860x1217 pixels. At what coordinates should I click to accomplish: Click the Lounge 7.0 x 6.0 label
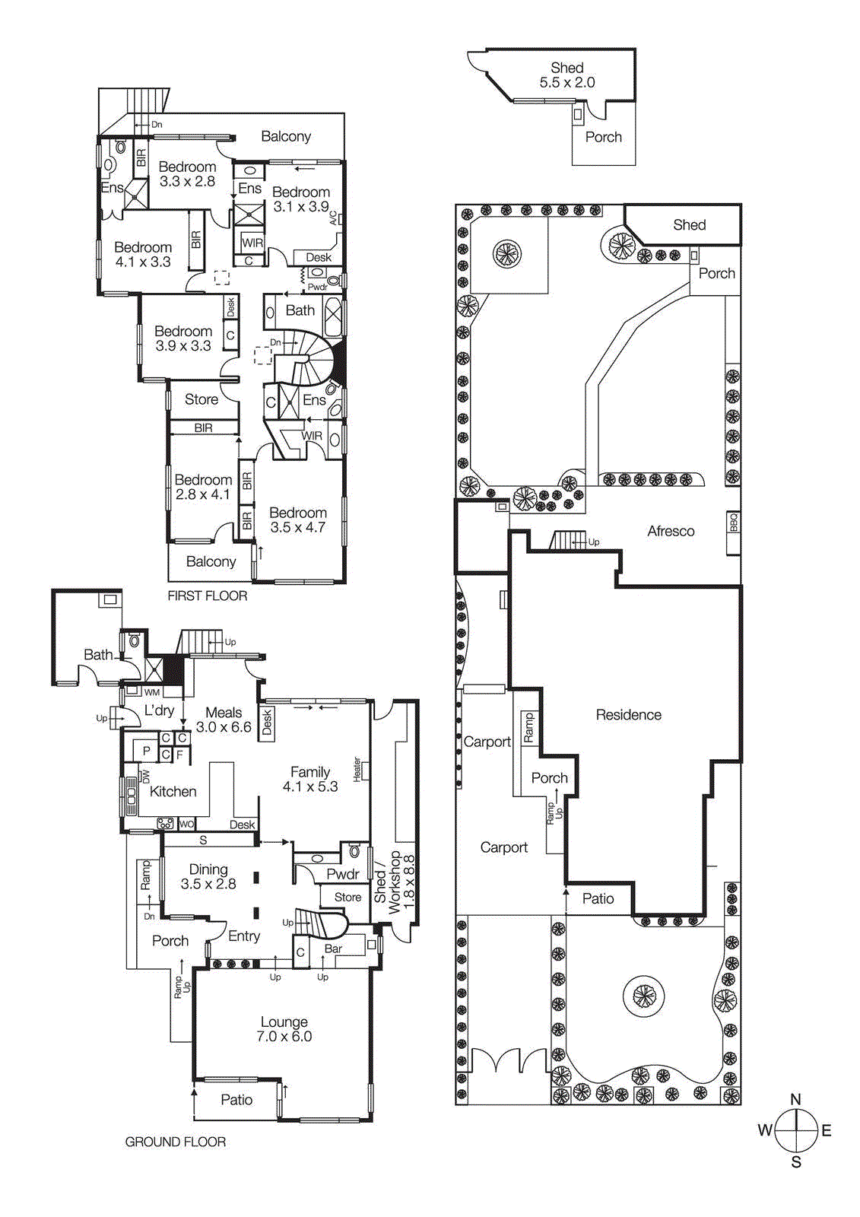coord(284,1029)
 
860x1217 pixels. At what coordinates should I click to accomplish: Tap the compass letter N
coord(795,1099)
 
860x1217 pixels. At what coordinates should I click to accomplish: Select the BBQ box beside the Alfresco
coord(733,523)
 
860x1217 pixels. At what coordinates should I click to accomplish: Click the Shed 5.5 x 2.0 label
coord(567,75)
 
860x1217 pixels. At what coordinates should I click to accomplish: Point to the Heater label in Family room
coord(357,769)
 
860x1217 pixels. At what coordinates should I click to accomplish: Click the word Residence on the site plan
coord(628,715)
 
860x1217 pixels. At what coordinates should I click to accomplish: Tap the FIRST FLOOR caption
coord(207,596)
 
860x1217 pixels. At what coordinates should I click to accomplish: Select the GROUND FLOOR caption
coord(175,1142)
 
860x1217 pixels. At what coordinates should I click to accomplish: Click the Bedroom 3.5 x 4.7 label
coord(297,520)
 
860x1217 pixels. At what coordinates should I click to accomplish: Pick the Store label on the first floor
coord(201,399)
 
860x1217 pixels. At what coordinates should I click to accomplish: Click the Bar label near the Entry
coord(333,948)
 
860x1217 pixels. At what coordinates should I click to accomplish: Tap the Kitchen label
coord(173,792)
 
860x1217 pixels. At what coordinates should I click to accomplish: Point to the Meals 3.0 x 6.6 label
coord(224,720)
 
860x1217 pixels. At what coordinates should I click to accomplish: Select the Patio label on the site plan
coord(598,899)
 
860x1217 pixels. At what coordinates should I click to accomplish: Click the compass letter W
coord(764,1130)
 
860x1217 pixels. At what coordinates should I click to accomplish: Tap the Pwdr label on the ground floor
coord(342,874)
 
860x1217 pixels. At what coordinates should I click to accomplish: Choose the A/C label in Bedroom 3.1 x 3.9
coord(332,218)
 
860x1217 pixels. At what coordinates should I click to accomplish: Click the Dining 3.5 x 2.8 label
coord(208,876)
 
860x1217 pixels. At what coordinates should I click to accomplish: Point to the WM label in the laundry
coord(152,692)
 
